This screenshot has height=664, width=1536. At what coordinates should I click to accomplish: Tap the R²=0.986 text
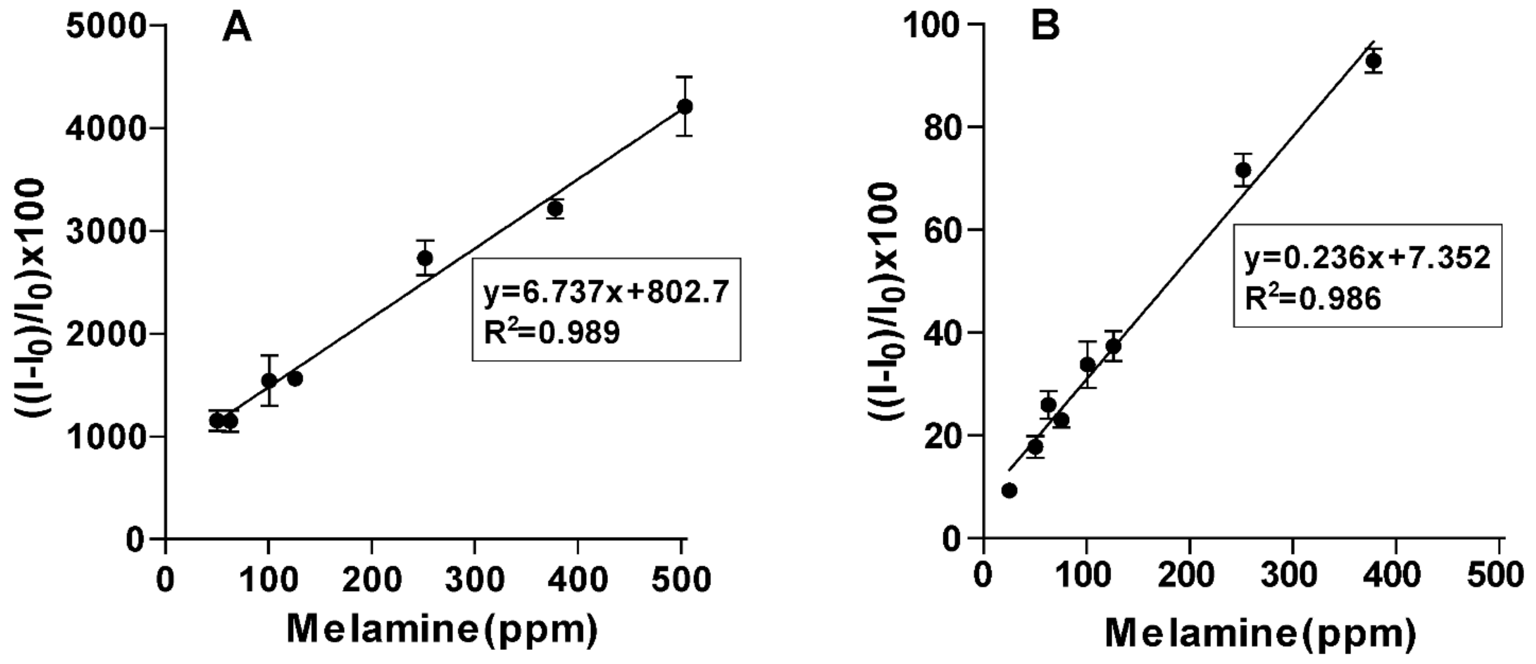coord(1312,298)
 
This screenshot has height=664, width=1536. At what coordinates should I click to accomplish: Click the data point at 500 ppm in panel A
coord(685,107)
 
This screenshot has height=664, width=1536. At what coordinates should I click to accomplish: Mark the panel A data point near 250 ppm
coord(425,258)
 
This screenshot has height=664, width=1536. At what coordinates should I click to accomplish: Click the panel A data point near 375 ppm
coord(555,209)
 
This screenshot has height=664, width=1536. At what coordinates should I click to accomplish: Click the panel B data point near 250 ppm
coord(1243,170)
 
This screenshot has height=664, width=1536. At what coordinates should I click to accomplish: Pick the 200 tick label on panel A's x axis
coord(372,579)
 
